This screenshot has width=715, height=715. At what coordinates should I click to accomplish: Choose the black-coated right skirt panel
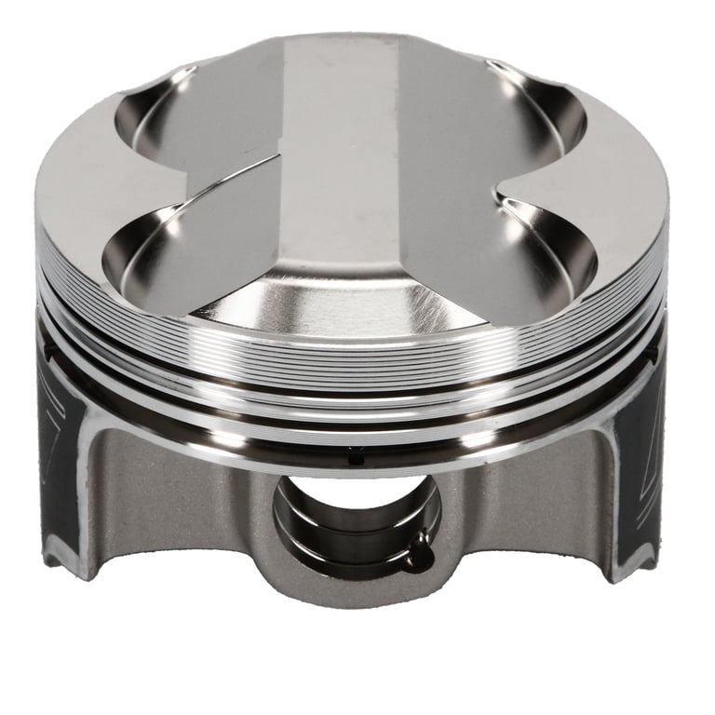(x=642, y=447)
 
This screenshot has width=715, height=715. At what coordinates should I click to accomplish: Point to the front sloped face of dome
(x=344, y=298)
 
